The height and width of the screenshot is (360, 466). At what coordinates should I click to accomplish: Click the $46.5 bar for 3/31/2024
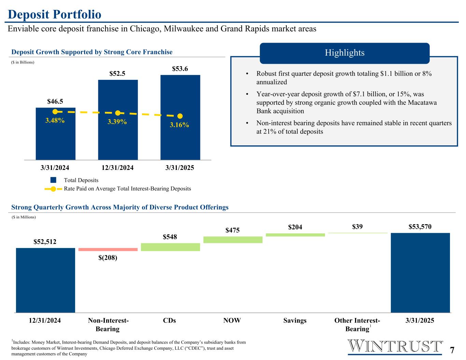coord(55,140)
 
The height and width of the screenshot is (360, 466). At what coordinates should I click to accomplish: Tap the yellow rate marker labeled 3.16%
coord(180,116)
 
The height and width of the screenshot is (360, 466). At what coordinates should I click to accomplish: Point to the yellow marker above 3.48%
coord(55,112)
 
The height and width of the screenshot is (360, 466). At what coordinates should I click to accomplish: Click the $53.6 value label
coord(180,69)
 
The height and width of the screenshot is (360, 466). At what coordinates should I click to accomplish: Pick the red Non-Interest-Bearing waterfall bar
coord(108,249)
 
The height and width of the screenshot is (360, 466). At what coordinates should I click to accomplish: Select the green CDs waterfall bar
coord(170,247)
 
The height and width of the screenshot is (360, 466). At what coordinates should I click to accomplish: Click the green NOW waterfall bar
coord(233,240)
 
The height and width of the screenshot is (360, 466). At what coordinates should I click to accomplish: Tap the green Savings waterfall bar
coord(295,235)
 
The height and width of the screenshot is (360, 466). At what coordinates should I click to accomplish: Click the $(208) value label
coord(108,258)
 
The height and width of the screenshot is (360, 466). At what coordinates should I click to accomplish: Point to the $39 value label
coord(357,227)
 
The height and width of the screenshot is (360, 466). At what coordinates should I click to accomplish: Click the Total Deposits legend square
coord(53,180)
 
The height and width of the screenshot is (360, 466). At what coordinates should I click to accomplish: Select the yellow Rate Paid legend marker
coord(53,189)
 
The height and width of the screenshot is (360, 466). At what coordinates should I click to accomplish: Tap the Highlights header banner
coord(344,53)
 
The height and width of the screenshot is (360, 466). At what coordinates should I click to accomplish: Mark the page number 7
coord(452,350)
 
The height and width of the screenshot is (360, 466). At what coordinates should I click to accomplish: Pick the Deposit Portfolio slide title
coord(55,14)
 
